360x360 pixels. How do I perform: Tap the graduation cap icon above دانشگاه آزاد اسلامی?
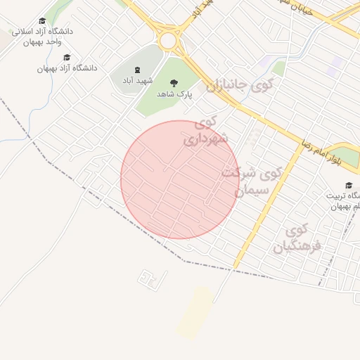click(42, 22)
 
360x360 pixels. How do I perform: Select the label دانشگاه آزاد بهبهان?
click(67, 68)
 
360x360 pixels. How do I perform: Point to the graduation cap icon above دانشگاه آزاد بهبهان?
click(67, 57)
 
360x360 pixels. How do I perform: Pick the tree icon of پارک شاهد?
click(174, 83)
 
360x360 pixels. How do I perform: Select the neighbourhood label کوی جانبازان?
click(239, 86)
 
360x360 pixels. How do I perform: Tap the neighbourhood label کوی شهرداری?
click(206, 131)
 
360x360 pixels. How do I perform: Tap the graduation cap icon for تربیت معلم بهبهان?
click(349, 185)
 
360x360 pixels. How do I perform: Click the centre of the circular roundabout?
click(168, 40)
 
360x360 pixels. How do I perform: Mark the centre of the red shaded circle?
click(180, 179)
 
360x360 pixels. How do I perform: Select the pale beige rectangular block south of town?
click(195, 312)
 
